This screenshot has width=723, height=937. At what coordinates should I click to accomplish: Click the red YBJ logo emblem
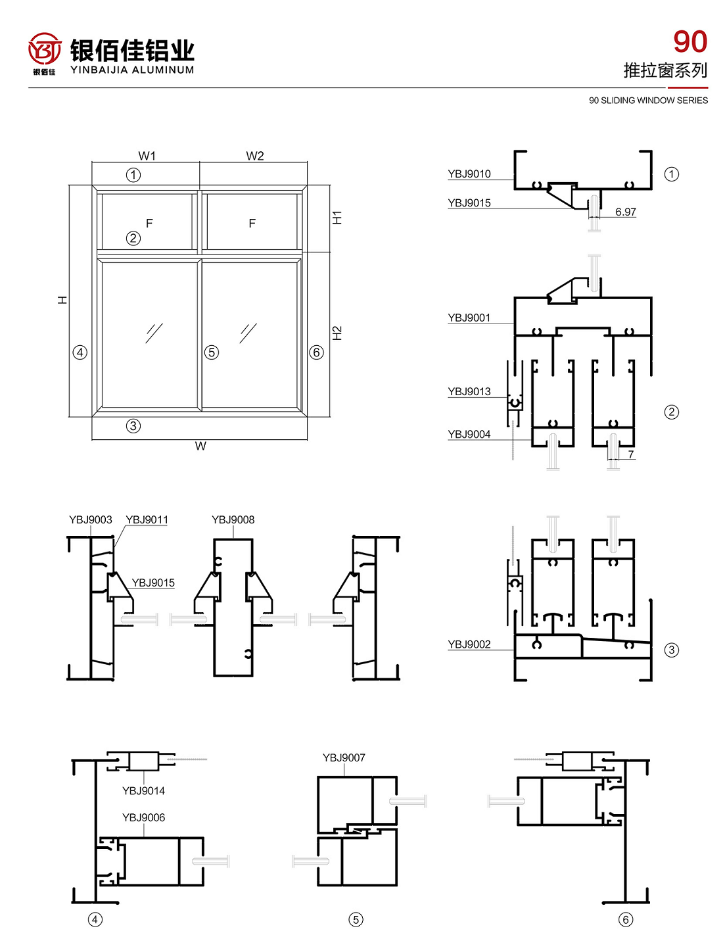pyautogui.click(x=44, y=50)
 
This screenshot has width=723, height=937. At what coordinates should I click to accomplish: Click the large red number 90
pyautogui.click(x=690, y=42)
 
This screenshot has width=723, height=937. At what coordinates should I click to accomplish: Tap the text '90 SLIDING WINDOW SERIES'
pyautogui.click(x=648, y=101)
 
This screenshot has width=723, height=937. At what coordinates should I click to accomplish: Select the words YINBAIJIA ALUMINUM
pyautogui.click(x=132, y=70)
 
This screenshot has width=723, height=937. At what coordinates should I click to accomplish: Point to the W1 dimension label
pyautogui.click(x=147, y=156)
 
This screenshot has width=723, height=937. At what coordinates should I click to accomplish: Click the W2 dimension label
pyautogui.click(x=255, y=156)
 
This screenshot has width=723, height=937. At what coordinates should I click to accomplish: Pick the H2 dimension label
pyautogui.click(x=337, y=333)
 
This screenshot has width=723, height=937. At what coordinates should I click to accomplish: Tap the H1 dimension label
pyautogui.click(x=337, y=218)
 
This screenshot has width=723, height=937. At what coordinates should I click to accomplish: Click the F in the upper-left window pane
pyautogui.click(x=149, y=224)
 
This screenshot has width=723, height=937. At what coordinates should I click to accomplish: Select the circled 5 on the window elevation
pyautogui.click(x=211, y=352)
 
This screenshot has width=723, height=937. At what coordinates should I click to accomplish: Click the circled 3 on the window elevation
pyautogui.click(x=133, y=426)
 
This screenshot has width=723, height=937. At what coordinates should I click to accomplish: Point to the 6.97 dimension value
pyautogui.click(x=625, y=212)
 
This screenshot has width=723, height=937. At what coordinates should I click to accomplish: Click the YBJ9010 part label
pyautogui.click(x=469, y=174)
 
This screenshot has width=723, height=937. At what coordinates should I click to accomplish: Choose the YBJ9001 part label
pyautogui.click(x=469, y=318)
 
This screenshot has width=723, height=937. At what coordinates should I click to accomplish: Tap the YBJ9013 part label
pyautogui.click(x=469, y=392)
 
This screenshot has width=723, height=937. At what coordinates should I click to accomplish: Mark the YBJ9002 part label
pyautogui.click(x=469, y=645)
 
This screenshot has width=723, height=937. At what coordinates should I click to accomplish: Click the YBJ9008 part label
pyautogui.click(x=233, y=520)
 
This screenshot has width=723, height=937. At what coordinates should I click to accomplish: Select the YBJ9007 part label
pyautogui.click(x=344, y=758)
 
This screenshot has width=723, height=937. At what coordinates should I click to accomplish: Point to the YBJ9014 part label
pyautogui.click(x=143, y=791)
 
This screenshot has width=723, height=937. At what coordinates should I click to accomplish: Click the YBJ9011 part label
pyautogui.click(x=147, y=520)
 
